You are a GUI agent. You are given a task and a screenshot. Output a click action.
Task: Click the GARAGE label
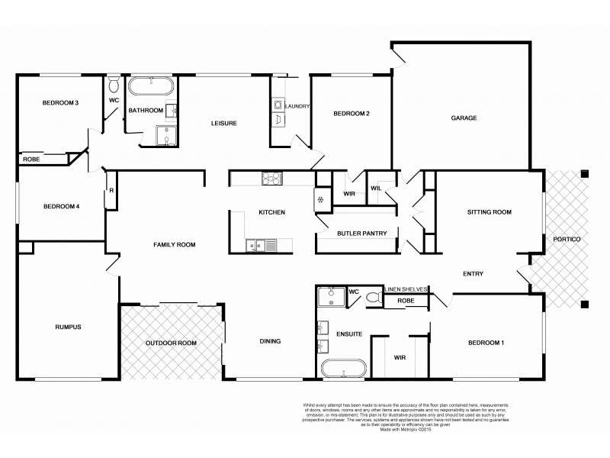click(x=464, y=118)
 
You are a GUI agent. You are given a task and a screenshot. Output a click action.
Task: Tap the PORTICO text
click(x=567, y=240)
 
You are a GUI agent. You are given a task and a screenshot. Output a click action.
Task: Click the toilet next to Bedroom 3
click(x=114, y=82)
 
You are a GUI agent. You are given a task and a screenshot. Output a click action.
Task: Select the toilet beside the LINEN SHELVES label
click(x=373, y=297)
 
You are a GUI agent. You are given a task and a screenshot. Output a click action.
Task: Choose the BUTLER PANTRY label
click(x=357, y=233)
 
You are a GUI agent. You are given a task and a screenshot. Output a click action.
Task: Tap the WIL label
click(x=376, y=188)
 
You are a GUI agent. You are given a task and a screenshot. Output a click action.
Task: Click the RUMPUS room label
click(x=68, y=327)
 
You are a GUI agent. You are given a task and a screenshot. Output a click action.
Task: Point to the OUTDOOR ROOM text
click(x=172, y=343)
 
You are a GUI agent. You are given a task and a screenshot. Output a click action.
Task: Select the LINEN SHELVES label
click(x=408, y=289)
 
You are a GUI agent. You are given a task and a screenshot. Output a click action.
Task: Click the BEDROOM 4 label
click(x=61, y=206)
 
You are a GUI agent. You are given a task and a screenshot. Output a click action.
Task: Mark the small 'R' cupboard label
click(x=111, y=191)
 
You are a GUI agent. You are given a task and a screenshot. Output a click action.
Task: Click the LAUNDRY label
click(x=297, y=106)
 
